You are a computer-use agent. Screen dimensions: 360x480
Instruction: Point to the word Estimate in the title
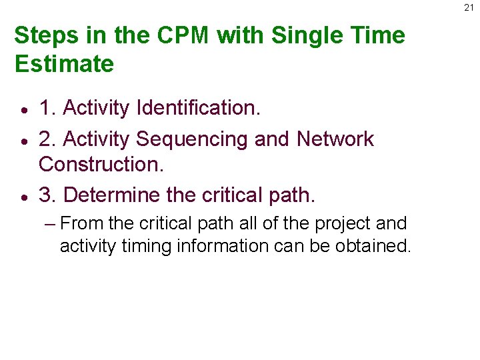pos(63,64)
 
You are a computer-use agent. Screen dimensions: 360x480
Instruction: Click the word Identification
pos(197,107)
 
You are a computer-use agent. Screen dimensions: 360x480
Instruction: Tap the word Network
pos(335,139)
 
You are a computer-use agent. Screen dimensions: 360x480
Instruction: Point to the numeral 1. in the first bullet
pos(47,107)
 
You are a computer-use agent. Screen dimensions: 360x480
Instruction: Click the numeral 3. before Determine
pos(47,195)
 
